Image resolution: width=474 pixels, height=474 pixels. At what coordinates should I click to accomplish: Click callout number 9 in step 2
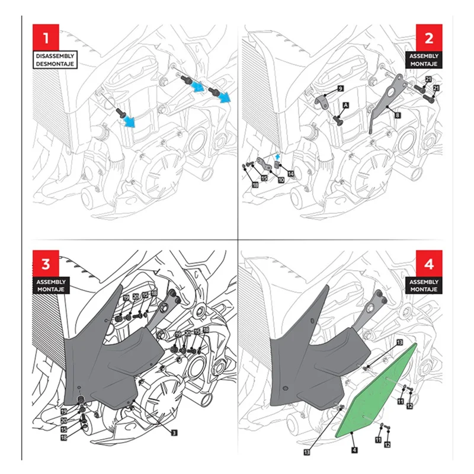340,88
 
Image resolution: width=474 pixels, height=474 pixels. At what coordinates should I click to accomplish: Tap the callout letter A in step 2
344,103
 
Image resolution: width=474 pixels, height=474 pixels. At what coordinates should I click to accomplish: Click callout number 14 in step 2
291,174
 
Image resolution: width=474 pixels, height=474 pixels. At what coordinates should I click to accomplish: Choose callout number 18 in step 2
255,185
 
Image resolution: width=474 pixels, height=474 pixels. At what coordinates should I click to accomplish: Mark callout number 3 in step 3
174,433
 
